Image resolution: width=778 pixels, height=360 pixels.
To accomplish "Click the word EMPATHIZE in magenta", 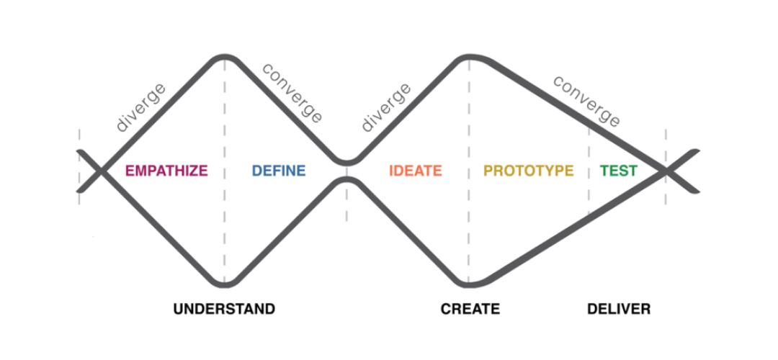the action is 166,171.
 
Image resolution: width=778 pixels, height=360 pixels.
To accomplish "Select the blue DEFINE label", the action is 279,171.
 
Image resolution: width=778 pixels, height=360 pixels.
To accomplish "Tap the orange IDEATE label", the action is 416,171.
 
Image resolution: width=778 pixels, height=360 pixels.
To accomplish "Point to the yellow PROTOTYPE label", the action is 529,171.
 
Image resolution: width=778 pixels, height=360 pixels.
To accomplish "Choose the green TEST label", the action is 619,171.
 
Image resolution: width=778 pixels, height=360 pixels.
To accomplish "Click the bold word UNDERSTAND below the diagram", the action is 224,309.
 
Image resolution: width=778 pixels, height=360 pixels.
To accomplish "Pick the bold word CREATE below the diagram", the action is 470,309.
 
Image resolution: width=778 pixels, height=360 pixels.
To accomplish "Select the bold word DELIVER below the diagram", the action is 619,309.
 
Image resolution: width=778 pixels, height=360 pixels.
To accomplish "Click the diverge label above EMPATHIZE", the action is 141,107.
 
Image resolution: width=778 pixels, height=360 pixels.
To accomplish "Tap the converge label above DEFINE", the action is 292,93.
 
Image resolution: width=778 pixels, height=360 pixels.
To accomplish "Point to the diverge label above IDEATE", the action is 386,107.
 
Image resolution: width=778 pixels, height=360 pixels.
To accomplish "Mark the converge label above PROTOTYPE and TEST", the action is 586,101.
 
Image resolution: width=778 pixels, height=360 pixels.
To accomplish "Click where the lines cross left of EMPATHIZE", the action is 102,171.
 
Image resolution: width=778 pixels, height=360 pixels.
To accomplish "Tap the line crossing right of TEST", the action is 666,171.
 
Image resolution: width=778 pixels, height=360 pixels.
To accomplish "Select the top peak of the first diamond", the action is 224,57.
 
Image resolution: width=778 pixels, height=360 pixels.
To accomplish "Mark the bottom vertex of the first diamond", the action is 224,284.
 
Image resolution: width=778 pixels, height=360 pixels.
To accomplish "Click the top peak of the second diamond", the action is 470,57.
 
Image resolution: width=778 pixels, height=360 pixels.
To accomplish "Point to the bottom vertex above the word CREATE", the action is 468,284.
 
